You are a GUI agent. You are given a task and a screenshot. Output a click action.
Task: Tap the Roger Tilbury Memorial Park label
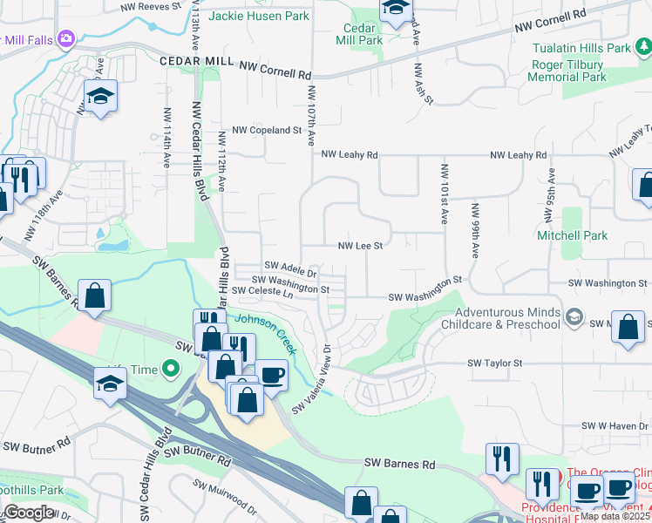(570, 71)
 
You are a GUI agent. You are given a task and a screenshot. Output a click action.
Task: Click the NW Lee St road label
(361, 247)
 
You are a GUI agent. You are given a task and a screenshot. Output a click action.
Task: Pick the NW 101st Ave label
(444, 194)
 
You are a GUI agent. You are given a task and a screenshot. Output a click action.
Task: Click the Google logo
(29, 513)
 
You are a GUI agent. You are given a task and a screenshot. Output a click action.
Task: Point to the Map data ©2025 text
(615, 516)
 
